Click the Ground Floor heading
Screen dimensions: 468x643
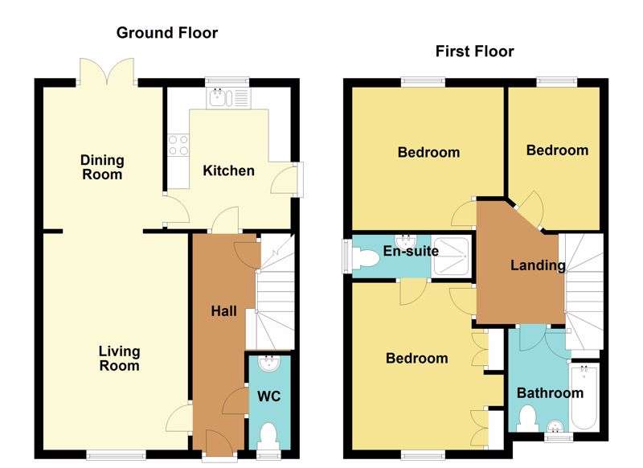[167, 33]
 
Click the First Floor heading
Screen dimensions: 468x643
[474, 51]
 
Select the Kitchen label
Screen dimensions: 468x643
[228, 170]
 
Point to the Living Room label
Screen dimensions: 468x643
[119, 358]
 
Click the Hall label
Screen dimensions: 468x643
[223, 310]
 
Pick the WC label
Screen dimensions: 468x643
[268, 397]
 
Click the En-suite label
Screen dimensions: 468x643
[410, 251]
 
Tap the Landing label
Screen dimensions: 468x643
[538, 265]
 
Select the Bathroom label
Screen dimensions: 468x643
[550, 393]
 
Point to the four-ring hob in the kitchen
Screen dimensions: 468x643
[178, 146]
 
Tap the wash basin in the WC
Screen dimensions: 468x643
[268, 365]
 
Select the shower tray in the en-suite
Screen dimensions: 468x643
[451, 255]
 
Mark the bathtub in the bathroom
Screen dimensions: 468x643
[583, 398]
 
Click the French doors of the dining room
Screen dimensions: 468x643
[107, 72]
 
